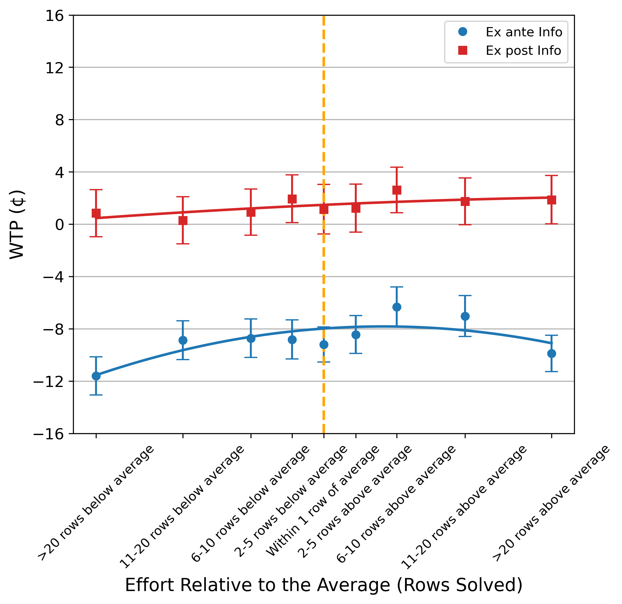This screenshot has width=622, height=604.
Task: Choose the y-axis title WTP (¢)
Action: click(x=17, y=224)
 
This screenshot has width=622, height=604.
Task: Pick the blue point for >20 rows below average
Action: click(x=96, y=376)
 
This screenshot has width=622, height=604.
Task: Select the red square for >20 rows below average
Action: click(x=96, y=213)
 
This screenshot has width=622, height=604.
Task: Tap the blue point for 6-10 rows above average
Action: click(x=397, y=307)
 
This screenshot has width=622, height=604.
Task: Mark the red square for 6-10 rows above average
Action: click(x=397, y=190)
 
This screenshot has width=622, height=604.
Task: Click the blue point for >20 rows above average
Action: click(x=552, y=354)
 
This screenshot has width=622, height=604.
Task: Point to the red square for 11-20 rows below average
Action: click(x=183, y=221)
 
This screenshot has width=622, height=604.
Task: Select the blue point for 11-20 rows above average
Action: click(x=465, y=316)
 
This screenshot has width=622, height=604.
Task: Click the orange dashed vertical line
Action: click(x=324, y=95)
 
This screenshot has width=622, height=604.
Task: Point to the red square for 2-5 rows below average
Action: click(x=292, y=199)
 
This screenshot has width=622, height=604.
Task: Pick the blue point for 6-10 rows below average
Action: click(x=251, y=338)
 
